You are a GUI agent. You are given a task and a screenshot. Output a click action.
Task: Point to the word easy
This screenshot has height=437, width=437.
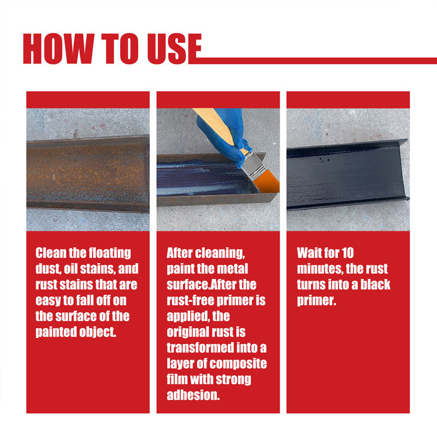click(49, 300)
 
